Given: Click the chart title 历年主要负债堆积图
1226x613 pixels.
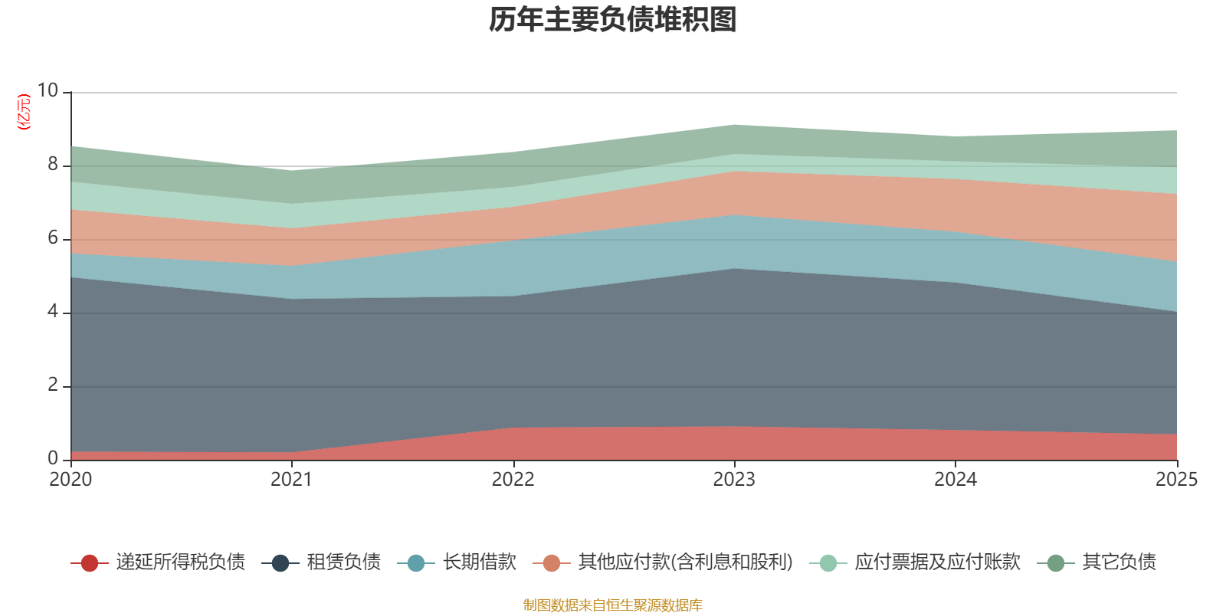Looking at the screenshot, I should (613, 21).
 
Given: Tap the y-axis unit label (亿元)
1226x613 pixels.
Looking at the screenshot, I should (25, 112).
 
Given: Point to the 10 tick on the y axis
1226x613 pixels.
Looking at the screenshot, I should (48, 91).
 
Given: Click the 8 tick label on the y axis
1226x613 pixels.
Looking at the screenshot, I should (53, 165).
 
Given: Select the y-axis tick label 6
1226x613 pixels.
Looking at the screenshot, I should (53, 238).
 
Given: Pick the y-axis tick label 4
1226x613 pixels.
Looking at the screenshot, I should (53, 312).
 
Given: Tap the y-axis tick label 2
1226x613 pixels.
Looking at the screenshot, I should (53, 385).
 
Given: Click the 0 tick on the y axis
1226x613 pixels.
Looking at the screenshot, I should (53, 459).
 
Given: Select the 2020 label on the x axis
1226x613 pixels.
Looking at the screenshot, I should (70, 480).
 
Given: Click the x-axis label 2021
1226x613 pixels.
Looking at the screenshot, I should (291, 480).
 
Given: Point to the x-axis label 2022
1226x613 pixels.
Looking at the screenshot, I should (513, 480).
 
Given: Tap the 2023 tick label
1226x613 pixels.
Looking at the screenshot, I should (734, 480).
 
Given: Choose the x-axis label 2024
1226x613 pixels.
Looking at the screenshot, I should (955, 480).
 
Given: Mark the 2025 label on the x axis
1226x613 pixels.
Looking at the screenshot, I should (1176, 480).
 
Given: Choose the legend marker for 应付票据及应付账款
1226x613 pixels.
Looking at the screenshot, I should (828, 563).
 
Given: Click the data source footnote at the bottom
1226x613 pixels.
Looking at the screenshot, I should (613, 605).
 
